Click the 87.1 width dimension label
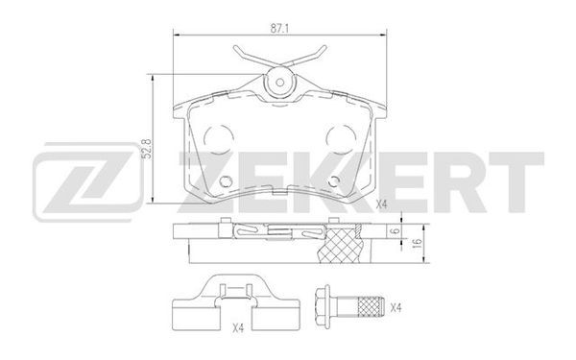point(278,30)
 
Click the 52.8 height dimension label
point(147,149)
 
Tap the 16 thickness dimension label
point(418,243)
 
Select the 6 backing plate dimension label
point(395,231)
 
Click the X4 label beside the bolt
point(396,308)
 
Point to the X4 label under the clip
point(238,328)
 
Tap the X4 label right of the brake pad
point(382,204)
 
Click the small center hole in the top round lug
point(280,82)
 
